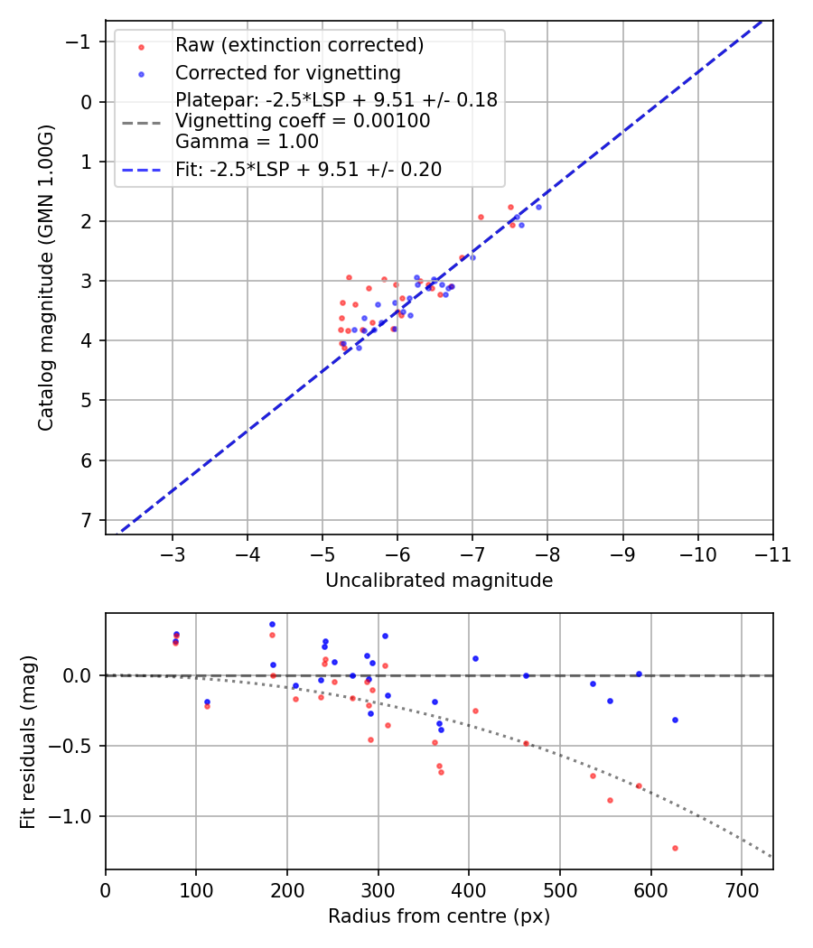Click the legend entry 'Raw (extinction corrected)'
pyautogui.click(x=299, y=44)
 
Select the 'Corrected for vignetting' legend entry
pyautogui.click(x=287, y=72)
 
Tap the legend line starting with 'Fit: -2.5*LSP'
pyautogui.click(x=308, y=169)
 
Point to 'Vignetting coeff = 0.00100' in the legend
pyautogui.click(x=303, y=121)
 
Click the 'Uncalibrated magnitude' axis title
pyautogui.click(x=439, y=581)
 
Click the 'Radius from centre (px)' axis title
pyautogui.click(x=439, y=916)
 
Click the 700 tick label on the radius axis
pyautogui.click(x=741, y=889)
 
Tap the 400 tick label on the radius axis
pyautogui.click(x=469, y=889)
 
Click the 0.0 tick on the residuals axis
pyautogui.click(x=79, y=675)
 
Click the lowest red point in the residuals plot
pyautogui.click(x=675, y=848)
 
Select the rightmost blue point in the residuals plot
pyautogui.click(x=675, y=720)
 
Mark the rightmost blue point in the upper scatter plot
pyautogui.click(x=538, y=207)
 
